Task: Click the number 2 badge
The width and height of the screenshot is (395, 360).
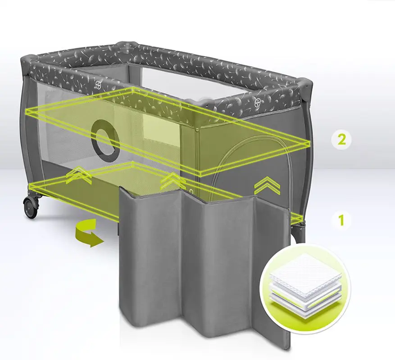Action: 342,139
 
